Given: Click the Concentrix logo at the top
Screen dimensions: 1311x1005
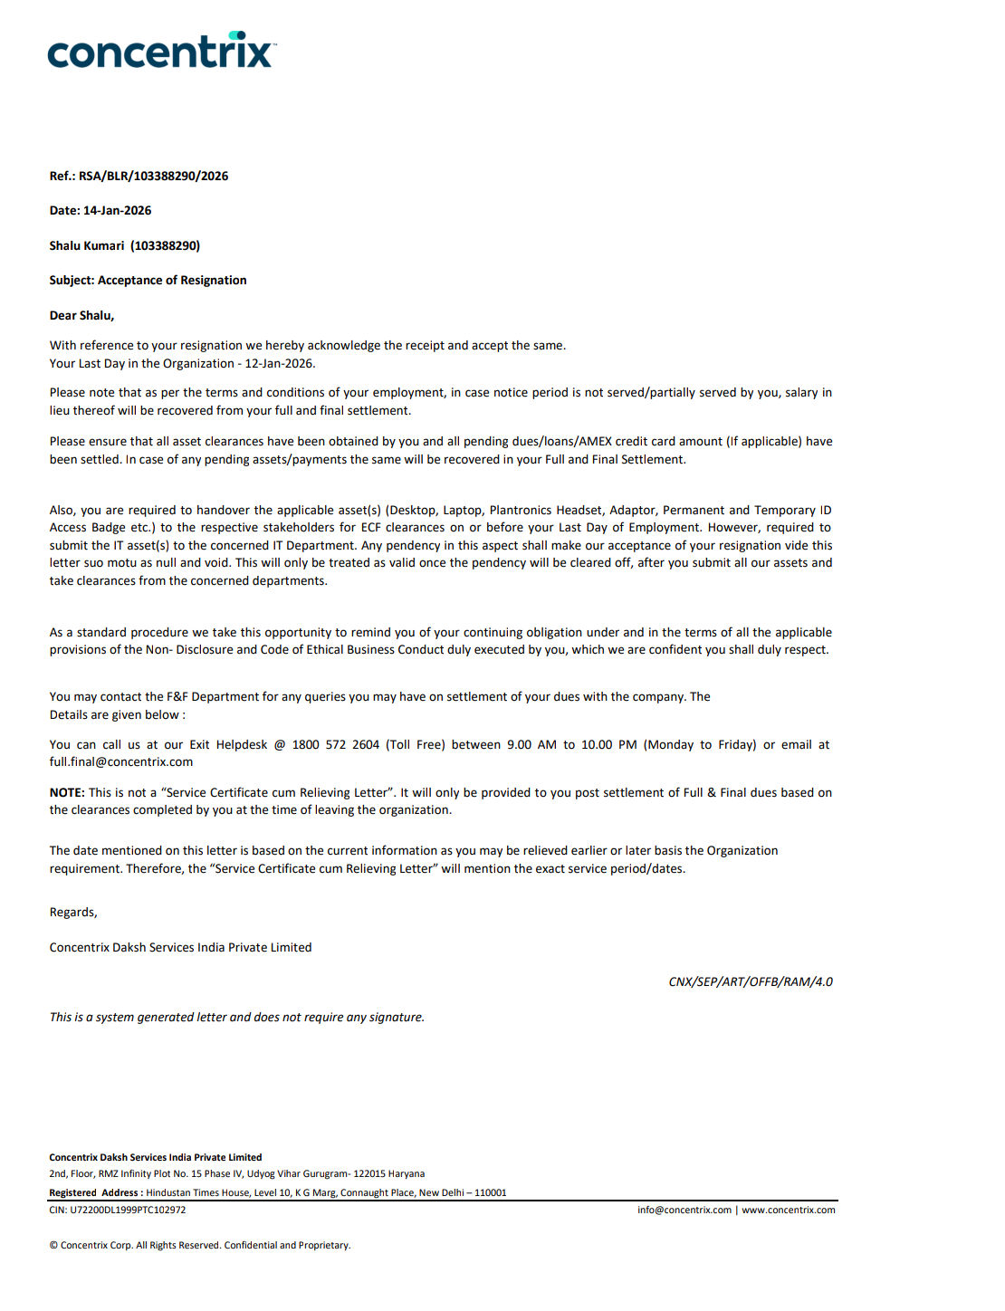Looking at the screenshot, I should (161, 52).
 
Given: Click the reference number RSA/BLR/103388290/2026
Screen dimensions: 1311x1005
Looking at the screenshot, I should (153, 176).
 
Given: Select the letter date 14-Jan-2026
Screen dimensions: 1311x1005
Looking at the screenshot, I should (118, 210).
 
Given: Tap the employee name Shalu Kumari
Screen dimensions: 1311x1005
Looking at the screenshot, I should (87, 245).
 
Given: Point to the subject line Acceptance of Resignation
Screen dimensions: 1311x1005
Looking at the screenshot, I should (172, 280).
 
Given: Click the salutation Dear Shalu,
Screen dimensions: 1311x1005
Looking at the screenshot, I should (81, 315).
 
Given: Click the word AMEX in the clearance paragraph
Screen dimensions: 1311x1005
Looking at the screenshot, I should (595, 441).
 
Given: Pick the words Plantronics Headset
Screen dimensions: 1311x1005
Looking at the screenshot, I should (545, 510).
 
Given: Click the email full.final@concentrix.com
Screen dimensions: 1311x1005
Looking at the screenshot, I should (121, 761).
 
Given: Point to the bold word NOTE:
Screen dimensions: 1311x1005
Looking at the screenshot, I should (67, 792).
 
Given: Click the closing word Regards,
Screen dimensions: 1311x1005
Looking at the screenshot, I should (73, 912).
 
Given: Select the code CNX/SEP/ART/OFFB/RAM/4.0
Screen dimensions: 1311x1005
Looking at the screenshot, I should (751, 981).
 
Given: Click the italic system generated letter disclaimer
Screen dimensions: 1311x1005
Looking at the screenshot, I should (237, 1017).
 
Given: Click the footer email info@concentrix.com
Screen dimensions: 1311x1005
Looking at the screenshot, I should (684, 1210).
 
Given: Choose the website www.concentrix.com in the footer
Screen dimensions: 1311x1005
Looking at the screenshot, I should (789, 1210).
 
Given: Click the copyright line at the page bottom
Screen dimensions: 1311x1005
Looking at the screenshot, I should (199, 1245).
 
